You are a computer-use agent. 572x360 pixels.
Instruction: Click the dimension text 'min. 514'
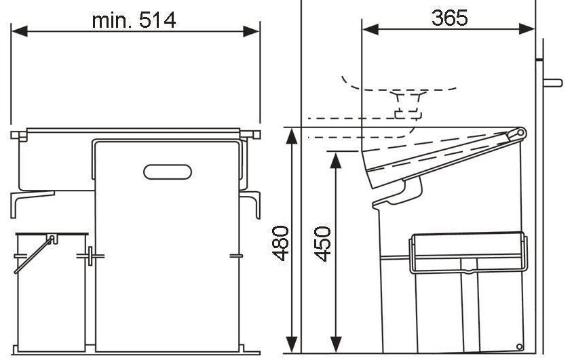pos(134,20)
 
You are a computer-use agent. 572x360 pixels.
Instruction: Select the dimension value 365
pos(449,18)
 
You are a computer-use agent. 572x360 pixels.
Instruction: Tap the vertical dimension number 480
pos(281,243)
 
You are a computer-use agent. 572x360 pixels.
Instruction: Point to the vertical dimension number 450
pos(324,243)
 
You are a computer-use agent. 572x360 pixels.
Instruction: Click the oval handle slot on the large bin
pos(167,172)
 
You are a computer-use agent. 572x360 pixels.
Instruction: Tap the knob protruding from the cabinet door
pos(552,83)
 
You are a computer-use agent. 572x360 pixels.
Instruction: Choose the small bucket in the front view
pos(51,292)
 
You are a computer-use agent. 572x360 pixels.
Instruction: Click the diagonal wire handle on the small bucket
pos(34,254)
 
